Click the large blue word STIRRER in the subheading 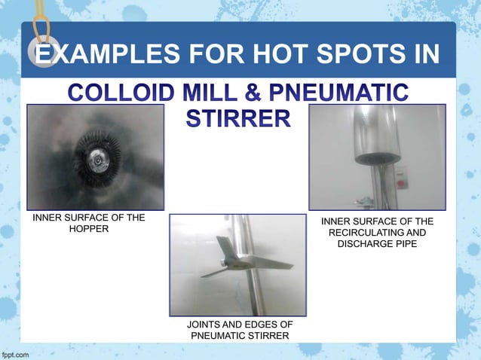(x=237, y=118)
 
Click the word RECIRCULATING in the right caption (x=377, y=233)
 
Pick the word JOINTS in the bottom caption (x=204, y=325)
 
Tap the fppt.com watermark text (x=16, y=353)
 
